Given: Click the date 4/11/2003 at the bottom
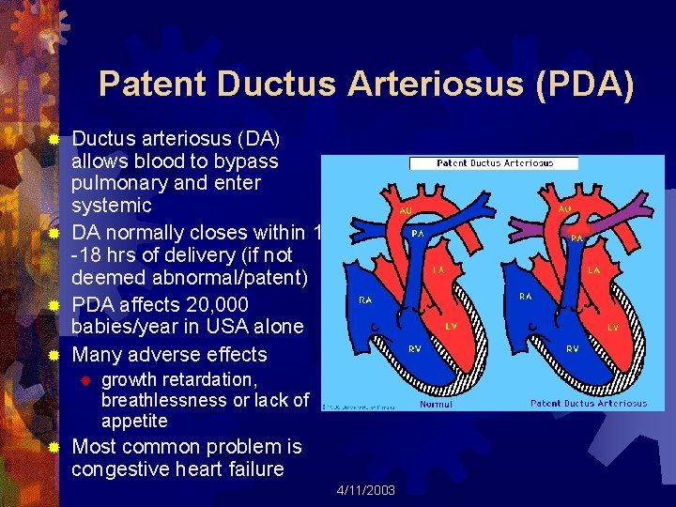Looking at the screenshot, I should click(365, 490).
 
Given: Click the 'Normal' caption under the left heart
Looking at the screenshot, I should click(436, 404).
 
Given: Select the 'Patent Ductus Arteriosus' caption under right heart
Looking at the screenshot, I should click(588, 404).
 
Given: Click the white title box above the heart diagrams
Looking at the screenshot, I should click(494, 163).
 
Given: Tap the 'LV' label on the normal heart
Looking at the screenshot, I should click(451, 327).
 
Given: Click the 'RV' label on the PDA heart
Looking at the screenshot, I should click(572, 347).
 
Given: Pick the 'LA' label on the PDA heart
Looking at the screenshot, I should click(594, 269).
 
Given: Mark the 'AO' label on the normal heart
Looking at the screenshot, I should click(407, 210).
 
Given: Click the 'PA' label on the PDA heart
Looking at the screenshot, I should click(577, 238).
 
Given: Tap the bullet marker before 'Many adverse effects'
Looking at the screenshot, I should click(54, 355).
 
